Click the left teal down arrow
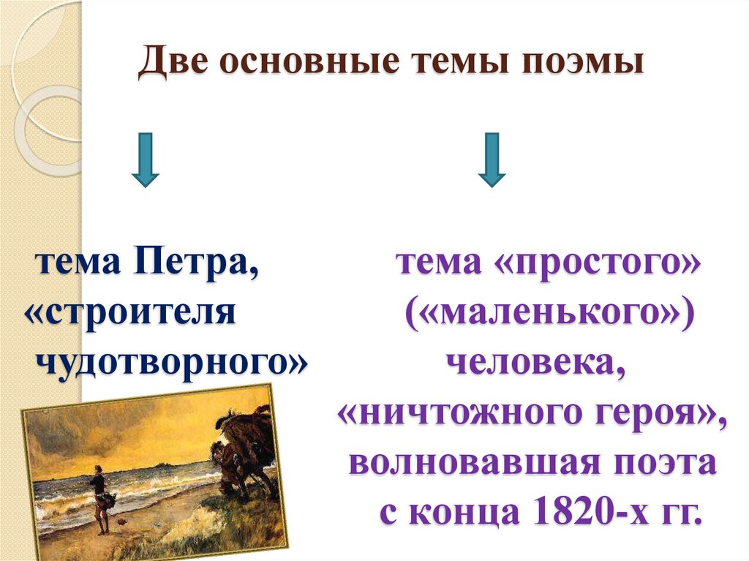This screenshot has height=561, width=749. tap(146, 159)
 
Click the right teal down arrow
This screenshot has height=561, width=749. tap(492, 159)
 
